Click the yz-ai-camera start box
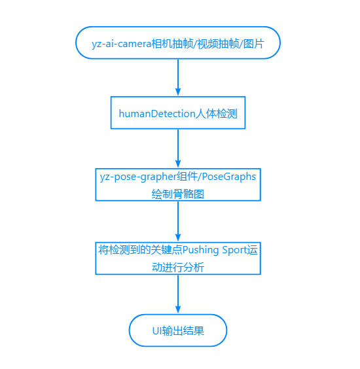(178, 43)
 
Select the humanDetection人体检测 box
(178, 113)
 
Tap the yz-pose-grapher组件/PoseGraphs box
(178, 184)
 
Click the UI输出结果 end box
(178, 330)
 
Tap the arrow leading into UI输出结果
(178, 294)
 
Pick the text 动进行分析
(178, 267)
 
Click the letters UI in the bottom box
(157, 330)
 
